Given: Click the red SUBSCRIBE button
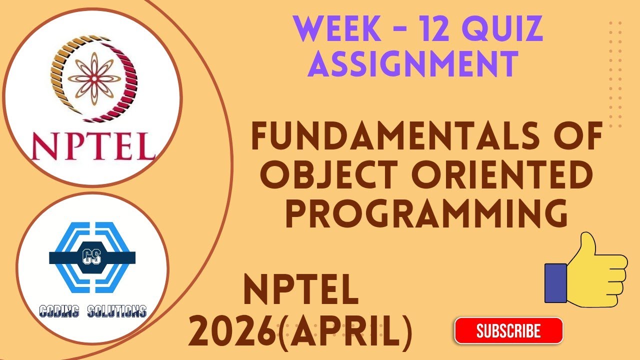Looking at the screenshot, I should pyautogui.click(x=508, y=330).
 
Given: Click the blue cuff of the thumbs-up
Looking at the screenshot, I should pyautogui.click(x=555, y=283).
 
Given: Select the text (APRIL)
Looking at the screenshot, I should pyautogui.click(x=344, y=333).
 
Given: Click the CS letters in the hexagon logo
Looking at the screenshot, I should pyautogui.click(x=92, y=257).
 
